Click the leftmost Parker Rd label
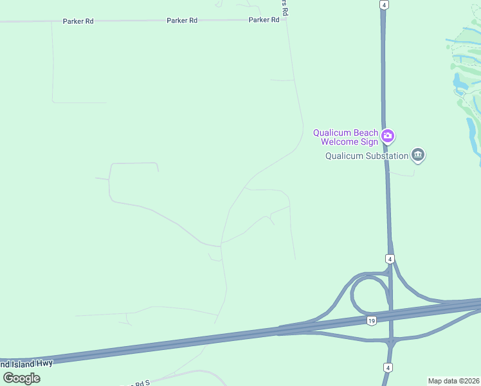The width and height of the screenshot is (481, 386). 78,21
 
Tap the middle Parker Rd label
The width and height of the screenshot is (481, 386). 181,21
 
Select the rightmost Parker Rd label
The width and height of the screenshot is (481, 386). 264,20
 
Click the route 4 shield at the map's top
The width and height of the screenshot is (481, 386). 384,5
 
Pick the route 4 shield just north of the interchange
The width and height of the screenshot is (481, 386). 390,259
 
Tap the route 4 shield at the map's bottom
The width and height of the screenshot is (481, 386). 388,367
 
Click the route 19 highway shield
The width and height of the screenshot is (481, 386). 371,320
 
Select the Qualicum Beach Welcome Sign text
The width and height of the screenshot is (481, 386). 346,137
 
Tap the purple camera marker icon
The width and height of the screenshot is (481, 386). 388,136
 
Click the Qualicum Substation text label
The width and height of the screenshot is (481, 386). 367,156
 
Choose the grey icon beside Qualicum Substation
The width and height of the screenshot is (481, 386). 419,154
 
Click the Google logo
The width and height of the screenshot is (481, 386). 22,378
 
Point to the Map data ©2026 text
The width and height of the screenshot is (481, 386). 454,381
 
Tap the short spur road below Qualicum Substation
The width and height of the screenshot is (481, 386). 401,173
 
